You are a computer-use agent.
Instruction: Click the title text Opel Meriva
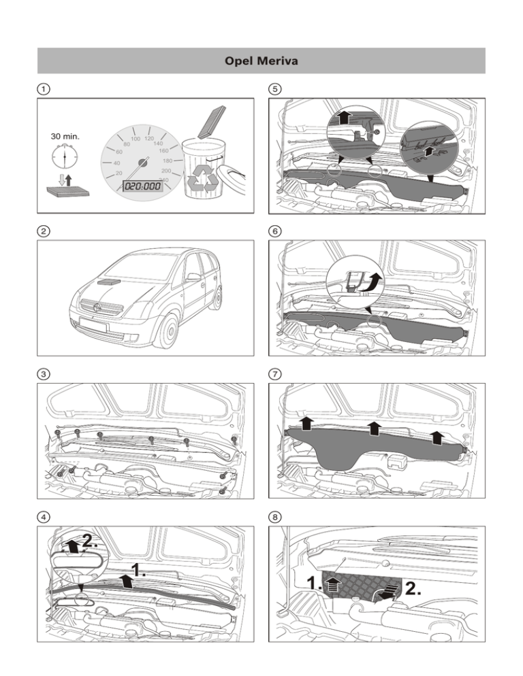pyautogui.click(x=261, y=61)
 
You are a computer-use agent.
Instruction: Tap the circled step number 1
pyautogui.click(x=44, y=89)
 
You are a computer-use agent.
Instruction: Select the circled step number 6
pyautogui.click(x=275, y=231)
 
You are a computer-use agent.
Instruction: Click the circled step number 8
pyautogui.click(x=275, y=517)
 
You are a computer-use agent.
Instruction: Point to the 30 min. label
pyautogui.click(x=65, y=136)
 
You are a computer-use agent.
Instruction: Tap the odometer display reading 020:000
pyautogui.click(x=142, y=186)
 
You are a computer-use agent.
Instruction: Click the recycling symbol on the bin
pyautogui.click(x=204, y=178)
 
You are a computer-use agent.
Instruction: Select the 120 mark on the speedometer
pyautogui.click(x=149, y=138)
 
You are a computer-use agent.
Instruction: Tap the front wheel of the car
pyautogui.click(x=169, y=332)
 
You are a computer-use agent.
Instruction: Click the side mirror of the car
pyautogui.click(x=193, y=277)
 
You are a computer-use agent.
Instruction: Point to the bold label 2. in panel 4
pyautogui.click(x=90, y=541)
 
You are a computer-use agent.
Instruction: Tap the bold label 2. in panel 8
pyautogui.click(x=413, y=588)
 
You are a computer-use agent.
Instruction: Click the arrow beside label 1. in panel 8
pyautogui.click(x=332, y=586)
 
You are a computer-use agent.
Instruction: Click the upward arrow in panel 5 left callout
pyautogui.click(x=344, y=117)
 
